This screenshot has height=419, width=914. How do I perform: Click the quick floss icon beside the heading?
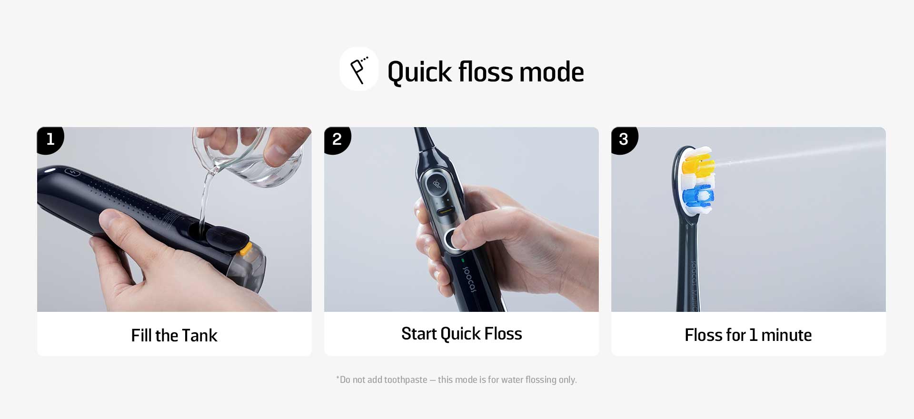tap(359, 69)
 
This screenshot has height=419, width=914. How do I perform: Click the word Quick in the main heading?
tap(419, 72)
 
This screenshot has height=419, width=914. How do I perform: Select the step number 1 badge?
tap(50, 140)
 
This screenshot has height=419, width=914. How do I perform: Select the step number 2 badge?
tap(337, 140)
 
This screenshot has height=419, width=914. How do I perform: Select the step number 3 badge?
tap(624, 140)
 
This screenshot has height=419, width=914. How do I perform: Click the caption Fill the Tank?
tap(174, 336)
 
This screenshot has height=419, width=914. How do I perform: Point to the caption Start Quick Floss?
tap(462, 334)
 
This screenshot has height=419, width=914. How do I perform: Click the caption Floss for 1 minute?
tap(748, 335)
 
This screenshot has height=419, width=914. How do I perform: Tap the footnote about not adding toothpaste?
tap(457, 379)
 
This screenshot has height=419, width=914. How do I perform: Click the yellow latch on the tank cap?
tap(246, 248)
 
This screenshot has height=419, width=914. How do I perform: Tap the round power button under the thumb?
tap(454, 239)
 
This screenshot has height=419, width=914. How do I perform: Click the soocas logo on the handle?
tap(469, 279)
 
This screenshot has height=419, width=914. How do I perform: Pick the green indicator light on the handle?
tap(463, 260)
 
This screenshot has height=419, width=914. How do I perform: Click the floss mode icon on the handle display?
tap(437, 183)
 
